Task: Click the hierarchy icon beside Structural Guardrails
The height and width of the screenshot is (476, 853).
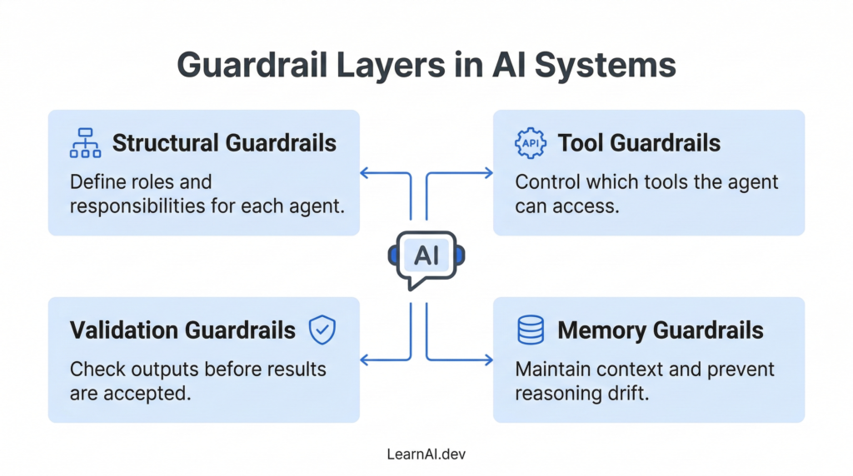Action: coord(84,143)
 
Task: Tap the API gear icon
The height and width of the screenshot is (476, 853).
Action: coord(531,143)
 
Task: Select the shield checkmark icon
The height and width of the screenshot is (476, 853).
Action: coord(322,330)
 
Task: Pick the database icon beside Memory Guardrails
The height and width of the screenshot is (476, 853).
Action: coord(531,330)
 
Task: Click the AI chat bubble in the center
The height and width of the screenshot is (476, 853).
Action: coord(426,257)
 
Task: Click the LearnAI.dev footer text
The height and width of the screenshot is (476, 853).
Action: coord(426,455)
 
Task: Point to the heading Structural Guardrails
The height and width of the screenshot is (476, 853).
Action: coord(224,143)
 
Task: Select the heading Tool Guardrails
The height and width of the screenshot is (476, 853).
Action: coord(639,143)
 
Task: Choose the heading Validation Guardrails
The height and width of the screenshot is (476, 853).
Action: coord(182,330)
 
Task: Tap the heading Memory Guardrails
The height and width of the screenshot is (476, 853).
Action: coord(661,330)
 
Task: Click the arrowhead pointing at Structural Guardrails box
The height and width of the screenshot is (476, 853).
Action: coord(365,173)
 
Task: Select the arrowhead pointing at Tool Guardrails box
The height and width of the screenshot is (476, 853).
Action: coord(488,173)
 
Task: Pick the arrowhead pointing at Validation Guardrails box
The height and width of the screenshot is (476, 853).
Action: coord(365,360)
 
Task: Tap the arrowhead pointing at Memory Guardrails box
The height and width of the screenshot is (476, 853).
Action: coord(488,360)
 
